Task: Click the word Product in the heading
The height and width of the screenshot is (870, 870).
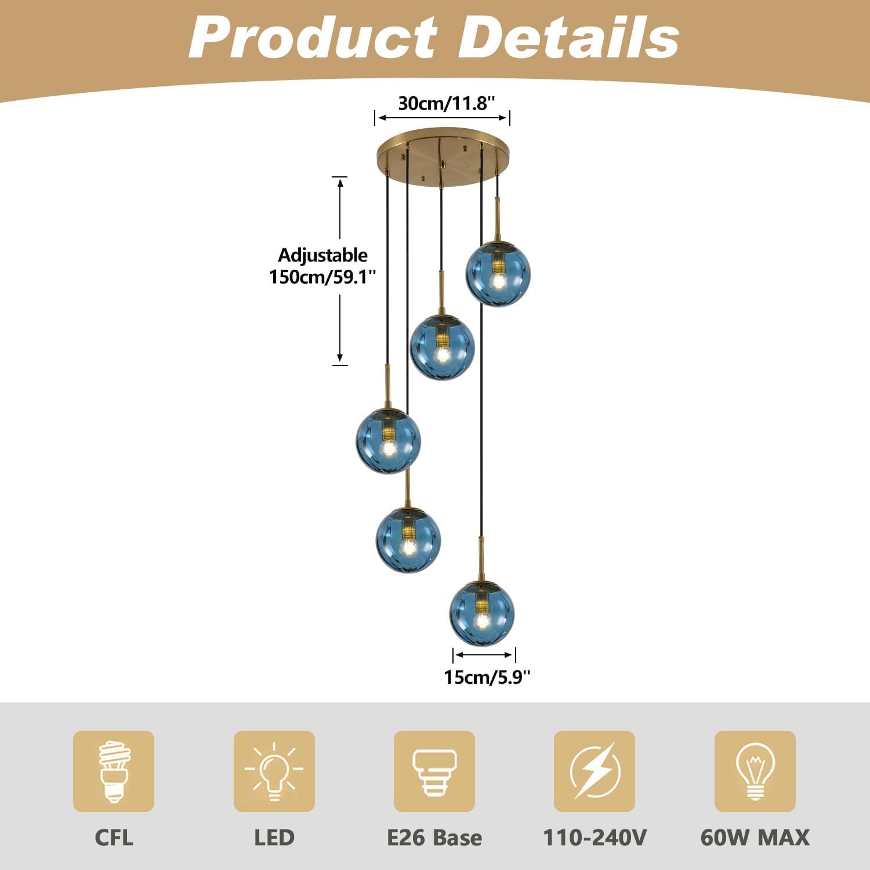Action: tap(313, 38)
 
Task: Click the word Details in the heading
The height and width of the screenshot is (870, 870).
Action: tap(571, 38)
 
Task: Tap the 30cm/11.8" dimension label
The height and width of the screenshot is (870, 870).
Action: tap(447, 103)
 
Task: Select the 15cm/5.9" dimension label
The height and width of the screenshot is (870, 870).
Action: tap(487, 677)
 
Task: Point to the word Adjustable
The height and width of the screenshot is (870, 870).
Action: tap(322, 255)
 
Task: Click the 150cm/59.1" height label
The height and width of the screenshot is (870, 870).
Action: tap(322, 277)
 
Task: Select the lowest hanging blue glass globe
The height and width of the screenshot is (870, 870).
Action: tap(482, 612)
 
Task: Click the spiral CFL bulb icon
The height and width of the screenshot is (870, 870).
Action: tap(114, 771)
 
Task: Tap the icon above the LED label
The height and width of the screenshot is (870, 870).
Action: tap(274, 771)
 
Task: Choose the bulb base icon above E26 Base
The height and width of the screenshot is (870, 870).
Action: tap(434, 771)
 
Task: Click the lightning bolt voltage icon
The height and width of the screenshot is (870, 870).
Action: tap(594, 771)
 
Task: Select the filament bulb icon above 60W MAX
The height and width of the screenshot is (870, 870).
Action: tap(755, 771)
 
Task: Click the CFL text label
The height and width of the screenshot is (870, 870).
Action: tap(114, 838)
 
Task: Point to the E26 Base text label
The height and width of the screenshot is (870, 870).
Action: tap(434, 838)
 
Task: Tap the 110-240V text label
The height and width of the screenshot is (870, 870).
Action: tap(594, 838)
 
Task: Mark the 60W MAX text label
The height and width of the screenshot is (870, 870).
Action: tap(755, 838)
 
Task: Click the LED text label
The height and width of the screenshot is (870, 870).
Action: tap(274, 838)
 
